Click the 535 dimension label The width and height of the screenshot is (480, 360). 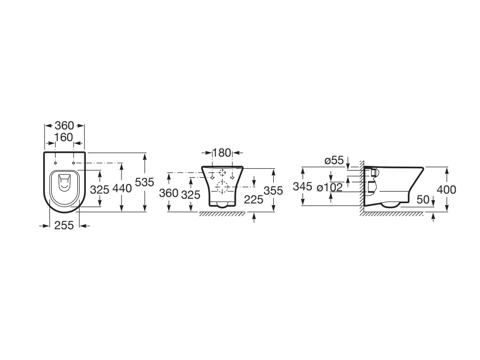[x=144, y=182]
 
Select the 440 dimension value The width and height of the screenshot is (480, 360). [x=122, y=188]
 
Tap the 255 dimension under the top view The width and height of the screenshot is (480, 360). [x=64, y=225]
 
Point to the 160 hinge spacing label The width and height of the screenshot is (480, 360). [x=64, y=137]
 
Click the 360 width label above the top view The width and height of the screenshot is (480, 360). [x=64, y=125]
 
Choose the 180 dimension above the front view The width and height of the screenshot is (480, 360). [x=222, y=152]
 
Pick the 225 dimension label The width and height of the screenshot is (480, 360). [x=254, y=200]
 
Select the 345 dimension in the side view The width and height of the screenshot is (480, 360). [x=302, y=186]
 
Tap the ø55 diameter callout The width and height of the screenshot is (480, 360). [x=334, y=160]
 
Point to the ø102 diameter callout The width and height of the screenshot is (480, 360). [x=330, y=187]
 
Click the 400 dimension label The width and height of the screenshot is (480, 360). [x=446, y=190]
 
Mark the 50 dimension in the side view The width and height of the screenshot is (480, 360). [x=423, y=200]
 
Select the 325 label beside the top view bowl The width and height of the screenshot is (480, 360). [x=99, y=190]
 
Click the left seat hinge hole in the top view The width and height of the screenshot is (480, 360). [x=55, y=163]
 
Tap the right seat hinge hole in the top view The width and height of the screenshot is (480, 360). [x=74, y=163]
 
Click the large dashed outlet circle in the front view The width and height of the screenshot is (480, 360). [x=223, y=187]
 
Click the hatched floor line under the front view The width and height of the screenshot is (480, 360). [x=222, y=214]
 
